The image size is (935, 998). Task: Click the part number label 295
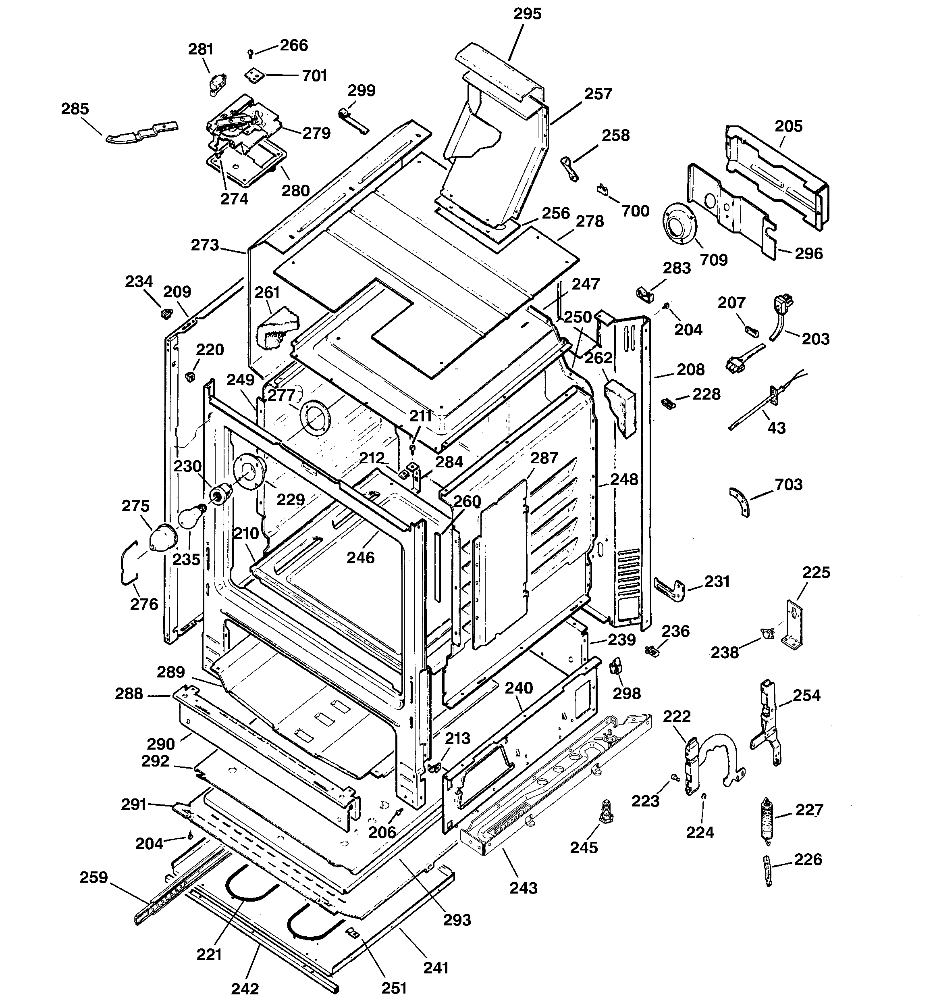point(527,14)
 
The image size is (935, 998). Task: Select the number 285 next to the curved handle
point(75,108)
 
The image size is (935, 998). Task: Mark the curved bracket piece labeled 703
point(741,502)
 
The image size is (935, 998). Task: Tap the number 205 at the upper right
point(788,126)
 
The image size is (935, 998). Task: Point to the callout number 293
point(457,920)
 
